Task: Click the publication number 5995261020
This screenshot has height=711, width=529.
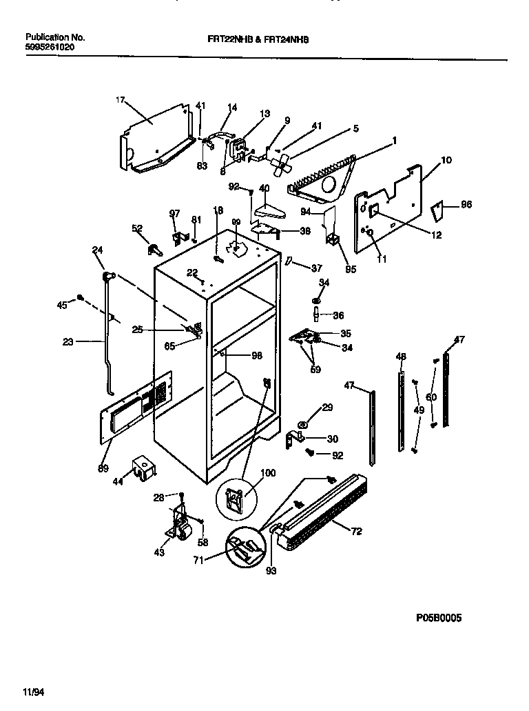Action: point(50,47)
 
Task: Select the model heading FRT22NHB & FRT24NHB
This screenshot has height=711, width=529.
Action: point(258,40)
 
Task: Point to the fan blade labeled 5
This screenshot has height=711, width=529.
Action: point(282,163)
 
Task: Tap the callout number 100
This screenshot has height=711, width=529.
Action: point(268,473)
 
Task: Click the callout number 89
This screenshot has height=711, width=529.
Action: point(103,469)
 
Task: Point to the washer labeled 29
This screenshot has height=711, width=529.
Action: point(304,421)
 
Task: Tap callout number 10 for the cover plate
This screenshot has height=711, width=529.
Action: point(446,160)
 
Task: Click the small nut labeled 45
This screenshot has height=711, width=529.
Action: point(81,298)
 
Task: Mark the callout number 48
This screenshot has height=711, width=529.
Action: point(401,357)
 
